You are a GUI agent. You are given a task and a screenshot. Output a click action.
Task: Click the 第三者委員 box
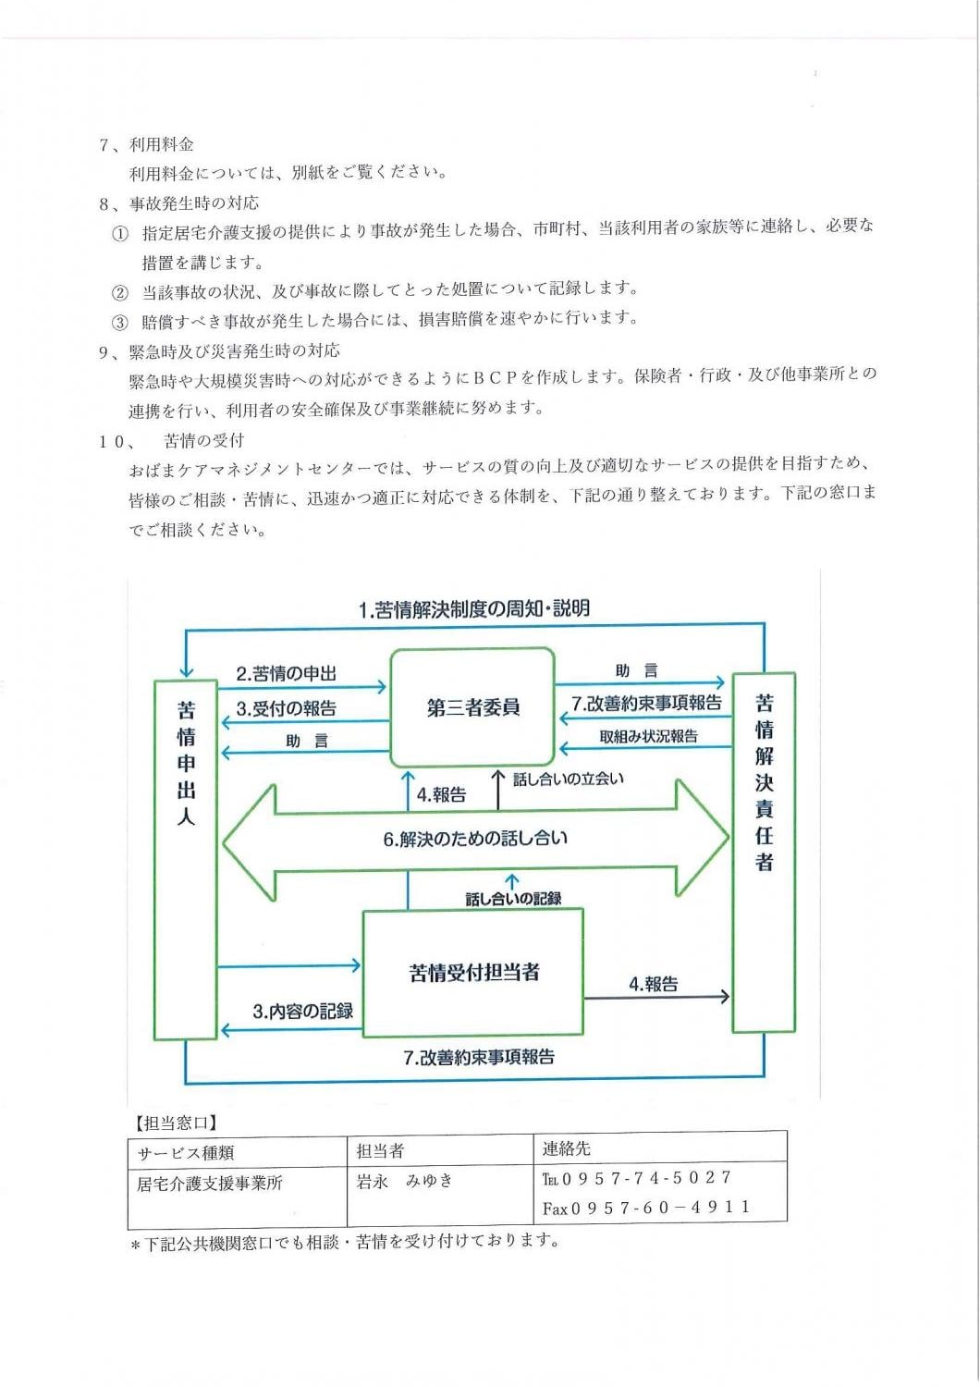point(472,707)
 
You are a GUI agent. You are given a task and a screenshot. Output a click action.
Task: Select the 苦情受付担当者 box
point(472,972)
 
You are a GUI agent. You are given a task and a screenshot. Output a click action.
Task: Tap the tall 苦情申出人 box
point(186,859)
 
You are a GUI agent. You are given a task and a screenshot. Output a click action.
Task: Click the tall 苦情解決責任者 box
point(764,851)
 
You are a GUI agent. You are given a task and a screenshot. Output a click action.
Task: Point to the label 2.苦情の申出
point(286,674)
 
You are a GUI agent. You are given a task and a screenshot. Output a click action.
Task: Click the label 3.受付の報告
point(286,709)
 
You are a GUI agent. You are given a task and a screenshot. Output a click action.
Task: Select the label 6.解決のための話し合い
point(475,839)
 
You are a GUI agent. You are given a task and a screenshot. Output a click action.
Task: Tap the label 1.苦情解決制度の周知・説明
point(473,609)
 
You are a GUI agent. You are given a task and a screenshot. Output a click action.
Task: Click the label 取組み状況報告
point(648,737)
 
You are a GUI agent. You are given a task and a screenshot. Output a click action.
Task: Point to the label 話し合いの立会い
point(568,779)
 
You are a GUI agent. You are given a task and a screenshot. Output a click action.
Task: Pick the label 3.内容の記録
point(302,1012)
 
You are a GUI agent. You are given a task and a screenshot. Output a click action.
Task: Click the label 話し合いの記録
point(513,898)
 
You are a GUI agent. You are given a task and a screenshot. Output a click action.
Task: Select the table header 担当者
point(380,1150)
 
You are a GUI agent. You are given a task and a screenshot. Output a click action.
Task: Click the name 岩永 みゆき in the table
point(404,1181)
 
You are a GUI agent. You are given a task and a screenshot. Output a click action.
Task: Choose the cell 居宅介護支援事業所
point(210,1183)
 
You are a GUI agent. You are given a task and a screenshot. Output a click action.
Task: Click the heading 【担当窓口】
point(175,1123)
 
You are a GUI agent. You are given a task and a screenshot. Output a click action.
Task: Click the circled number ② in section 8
point(119,293)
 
